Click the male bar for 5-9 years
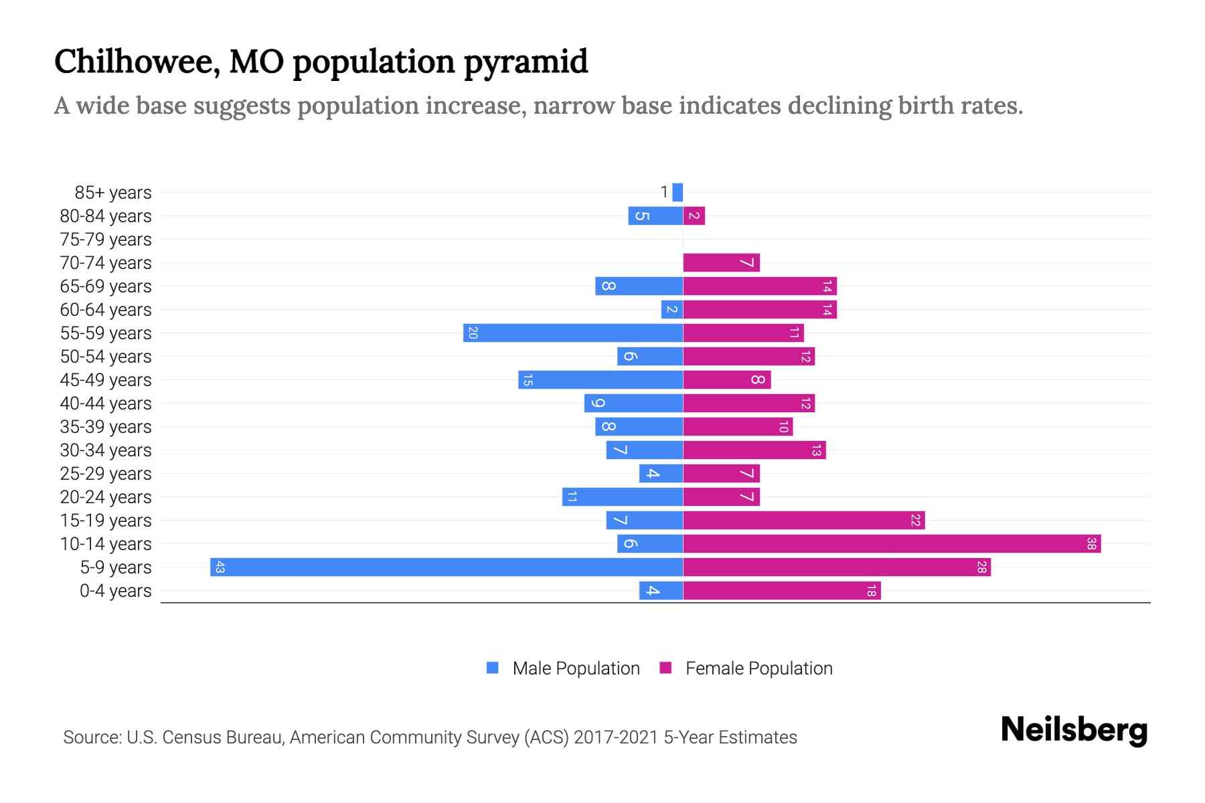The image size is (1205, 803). pos(447,567)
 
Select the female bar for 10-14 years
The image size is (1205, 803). pos(892,543)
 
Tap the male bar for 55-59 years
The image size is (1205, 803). pos(573,333)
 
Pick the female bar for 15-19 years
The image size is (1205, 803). pos(803,520)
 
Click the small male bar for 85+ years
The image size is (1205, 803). pos(677,192)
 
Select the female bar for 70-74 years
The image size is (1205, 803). pos(721,262)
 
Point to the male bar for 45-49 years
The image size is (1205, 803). pos(600,379)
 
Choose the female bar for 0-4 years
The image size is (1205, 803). pos(781,590)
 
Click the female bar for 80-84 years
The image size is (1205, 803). pos(694,215)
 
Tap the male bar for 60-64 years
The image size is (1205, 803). pos(672,309)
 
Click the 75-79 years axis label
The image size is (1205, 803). pos(106,240)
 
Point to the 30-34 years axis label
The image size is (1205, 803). pos(106,450)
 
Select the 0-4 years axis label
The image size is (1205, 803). pos(115,591)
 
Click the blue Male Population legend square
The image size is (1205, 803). pos(493,668)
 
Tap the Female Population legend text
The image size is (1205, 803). pos(758,668)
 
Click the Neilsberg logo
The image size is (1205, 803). pos(1074,730)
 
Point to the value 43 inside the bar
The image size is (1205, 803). pos(220,567)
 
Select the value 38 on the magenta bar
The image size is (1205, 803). pos(1091,543)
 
